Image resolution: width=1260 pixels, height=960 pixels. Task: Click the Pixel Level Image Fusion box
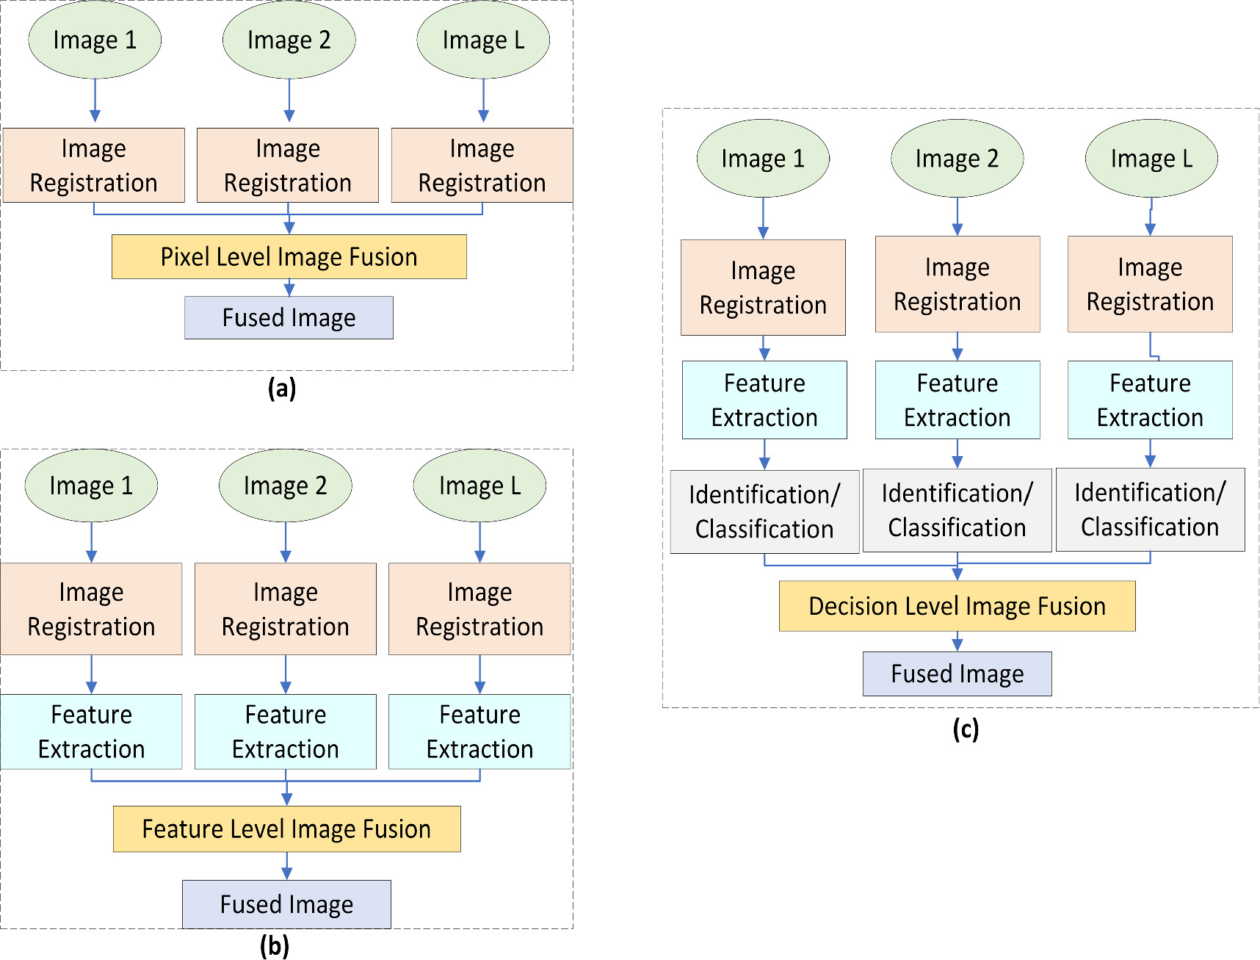pos(289,257)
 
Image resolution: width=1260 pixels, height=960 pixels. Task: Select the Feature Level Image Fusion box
pos(286,829)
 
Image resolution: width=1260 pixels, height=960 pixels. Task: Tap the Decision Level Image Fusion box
pos(957,606)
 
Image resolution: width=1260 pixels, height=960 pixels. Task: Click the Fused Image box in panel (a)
pos(289,318)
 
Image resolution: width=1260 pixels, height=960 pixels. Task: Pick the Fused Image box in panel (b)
pos(286,904)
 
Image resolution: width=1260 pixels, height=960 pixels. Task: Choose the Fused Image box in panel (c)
pos(957,674)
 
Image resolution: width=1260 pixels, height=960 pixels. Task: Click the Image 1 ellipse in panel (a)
pos(95,40)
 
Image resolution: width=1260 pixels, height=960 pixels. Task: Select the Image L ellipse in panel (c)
pos(1151,159)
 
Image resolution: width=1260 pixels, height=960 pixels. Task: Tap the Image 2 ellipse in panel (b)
pos(285,486)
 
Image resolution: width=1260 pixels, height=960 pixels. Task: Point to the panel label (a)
pos(281,388)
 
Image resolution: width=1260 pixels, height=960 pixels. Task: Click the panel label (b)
pos(274,946)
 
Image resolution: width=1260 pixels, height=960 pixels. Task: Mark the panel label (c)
pos(965,729)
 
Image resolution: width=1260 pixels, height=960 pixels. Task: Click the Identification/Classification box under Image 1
pos(764,512)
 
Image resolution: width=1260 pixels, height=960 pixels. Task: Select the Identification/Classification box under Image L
pos(1150,510)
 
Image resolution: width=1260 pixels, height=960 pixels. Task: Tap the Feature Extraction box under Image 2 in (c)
pos(957,400)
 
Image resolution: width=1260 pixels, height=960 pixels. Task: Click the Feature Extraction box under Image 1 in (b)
pos(91,732)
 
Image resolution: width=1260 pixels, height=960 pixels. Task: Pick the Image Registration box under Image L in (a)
pos(482,165)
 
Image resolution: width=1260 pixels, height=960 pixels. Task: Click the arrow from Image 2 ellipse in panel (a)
pos(289,101)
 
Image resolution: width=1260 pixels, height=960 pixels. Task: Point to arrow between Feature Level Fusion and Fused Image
pos(286,866)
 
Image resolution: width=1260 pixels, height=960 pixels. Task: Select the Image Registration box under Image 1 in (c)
pos(763,288)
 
